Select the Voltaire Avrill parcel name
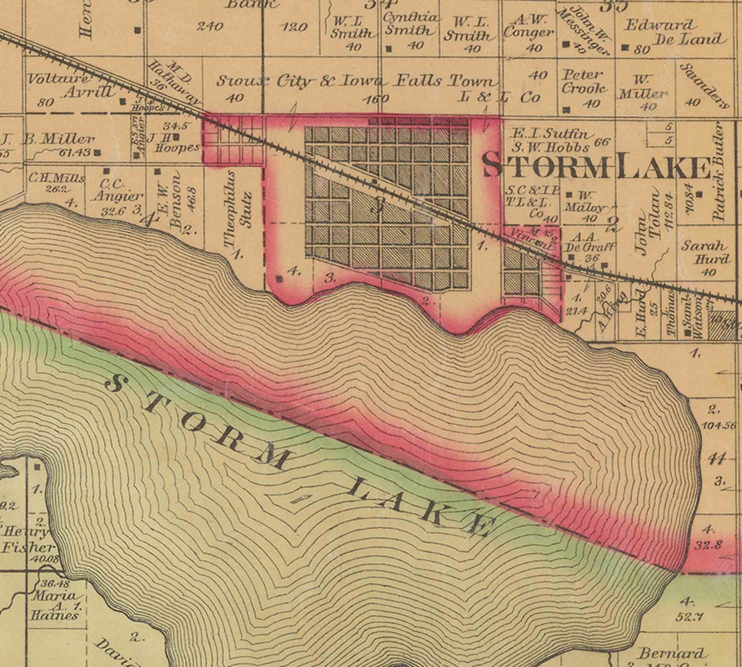coord(70,85)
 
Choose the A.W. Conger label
coord(529,26)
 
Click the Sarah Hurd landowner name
coord(705,252)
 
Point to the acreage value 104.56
coord(718,425)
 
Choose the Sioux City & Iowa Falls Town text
coord(355,81)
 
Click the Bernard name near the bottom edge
coord(671,653)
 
